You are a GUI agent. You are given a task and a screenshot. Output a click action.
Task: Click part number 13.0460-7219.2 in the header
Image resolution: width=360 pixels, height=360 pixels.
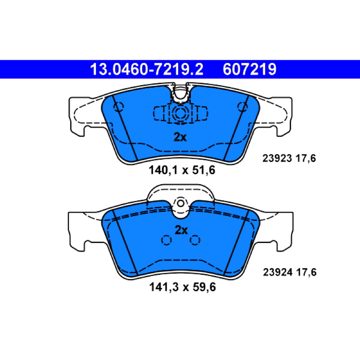click(147, 69)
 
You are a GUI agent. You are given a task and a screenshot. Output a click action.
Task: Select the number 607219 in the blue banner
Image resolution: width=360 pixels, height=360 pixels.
click(249, 69)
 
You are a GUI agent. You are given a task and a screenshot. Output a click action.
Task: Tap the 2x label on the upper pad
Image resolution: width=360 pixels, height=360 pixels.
click(180, 137)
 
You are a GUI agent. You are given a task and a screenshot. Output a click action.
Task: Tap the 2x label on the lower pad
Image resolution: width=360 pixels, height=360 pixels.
click(181, 230)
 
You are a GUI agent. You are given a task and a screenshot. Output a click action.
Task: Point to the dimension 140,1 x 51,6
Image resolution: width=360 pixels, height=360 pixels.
click(182, 170)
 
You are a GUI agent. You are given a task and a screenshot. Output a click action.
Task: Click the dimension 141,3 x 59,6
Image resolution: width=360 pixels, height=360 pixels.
click(183, 287)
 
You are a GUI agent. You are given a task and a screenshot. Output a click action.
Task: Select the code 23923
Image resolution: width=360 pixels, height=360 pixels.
click(277, 158)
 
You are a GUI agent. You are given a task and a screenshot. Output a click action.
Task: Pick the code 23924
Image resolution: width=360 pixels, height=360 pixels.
click(278, 272)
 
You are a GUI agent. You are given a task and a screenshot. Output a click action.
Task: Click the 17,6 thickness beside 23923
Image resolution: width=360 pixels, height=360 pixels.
click(306, 158)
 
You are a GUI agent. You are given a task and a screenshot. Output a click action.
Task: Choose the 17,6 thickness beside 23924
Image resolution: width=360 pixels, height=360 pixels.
click(306, 273)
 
